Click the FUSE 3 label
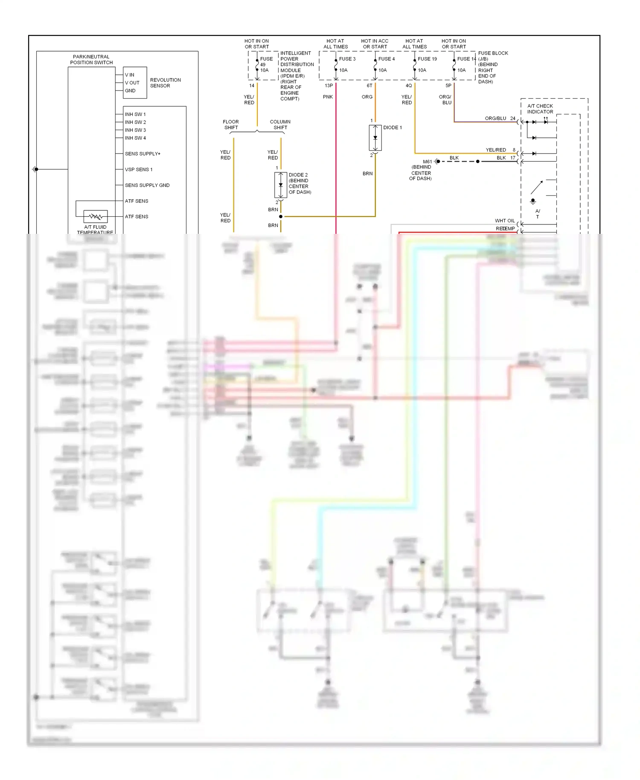click(x=347, y=59)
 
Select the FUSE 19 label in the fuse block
click(x=427, y=59)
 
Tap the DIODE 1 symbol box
click(x=375, y=137)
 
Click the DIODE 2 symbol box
click(x=280, y=185)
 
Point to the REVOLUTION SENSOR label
click(x=165, y=83)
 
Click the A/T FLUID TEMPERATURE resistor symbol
click(x=96, y=216)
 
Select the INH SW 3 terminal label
click(x=135, y=130)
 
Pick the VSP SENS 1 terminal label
click(x=138, y=169)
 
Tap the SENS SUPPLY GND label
click(x=147, y=185)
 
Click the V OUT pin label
click(x=132, y=83)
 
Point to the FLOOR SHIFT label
click(x=231, y=125)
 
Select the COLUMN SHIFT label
click(x=280, y=125)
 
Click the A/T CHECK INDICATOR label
click(x=540, y=109)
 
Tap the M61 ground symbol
click(x=437, y=161)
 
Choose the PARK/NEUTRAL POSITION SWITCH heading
click(x=91, y=59)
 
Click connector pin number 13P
click(x=329, y=86)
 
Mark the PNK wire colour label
click(x=328, y=97)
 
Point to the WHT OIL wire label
click(x=504, y=221)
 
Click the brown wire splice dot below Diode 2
click(x=281, y=217)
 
